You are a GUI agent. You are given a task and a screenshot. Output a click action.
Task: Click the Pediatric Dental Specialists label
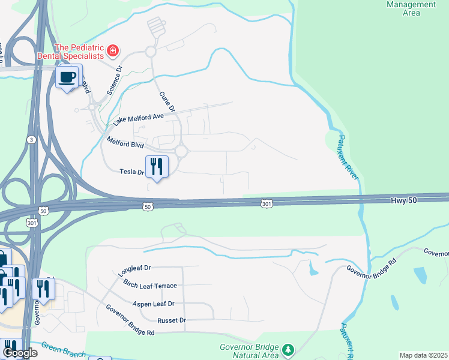(x=79, y=52)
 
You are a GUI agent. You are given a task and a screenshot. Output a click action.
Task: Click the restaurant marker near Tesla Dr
(x=157, y=166)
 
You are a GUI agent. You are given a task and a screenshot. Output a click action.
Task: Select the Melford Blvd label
(x=125, y=143)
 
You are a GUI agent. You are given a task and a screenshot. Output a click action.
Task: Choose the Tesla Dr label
(x=133, y=172)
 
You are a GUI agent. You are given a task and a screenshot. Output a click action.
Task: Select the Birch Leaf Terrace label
(x=149, y=286)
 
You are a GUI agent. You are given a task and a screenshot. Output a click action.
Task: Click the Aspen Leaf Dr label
(x=153, y=304)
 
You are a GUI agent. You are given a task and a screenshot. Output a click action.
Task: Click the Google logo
(x=19, y=353)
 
